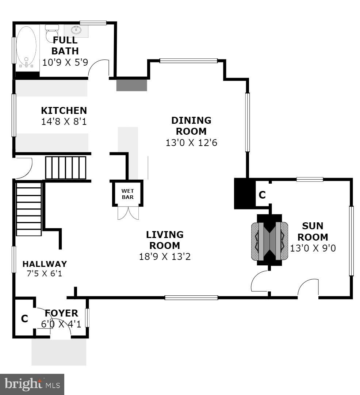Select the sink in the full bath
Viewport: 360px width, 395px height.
(77, 30)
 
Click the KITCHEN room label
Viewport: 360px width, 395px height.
(64, 111)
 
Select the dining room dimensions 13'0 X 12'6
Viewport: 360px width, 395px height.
(191, 142)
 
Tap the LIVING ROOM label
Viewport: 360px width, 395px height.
(165, 240)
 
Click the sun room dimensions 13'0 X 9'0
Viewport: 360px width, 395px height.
(313, 248)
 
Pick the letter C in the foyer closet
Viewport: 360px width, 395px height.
(24, 319)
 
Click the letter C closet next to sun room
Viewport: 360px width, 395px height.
(262, 195)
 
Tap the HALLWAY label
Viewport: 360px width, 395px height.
(45, 264)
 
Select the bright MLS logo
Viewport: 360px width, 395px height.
(32, 384)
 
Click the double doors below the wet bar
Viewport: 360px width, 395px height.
(128, 213)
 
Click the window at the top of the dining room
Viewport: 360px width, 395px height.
(188, 61)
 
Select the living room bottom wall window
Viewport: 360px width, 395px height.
(191, 298)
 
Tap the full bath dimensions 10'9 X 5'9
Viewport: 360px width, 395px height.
(65, 62)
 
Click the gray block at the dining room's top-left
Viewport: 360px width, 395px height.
(131, 85)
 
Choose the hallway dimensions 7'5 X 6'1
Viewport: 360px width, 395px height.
(45, 273)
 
